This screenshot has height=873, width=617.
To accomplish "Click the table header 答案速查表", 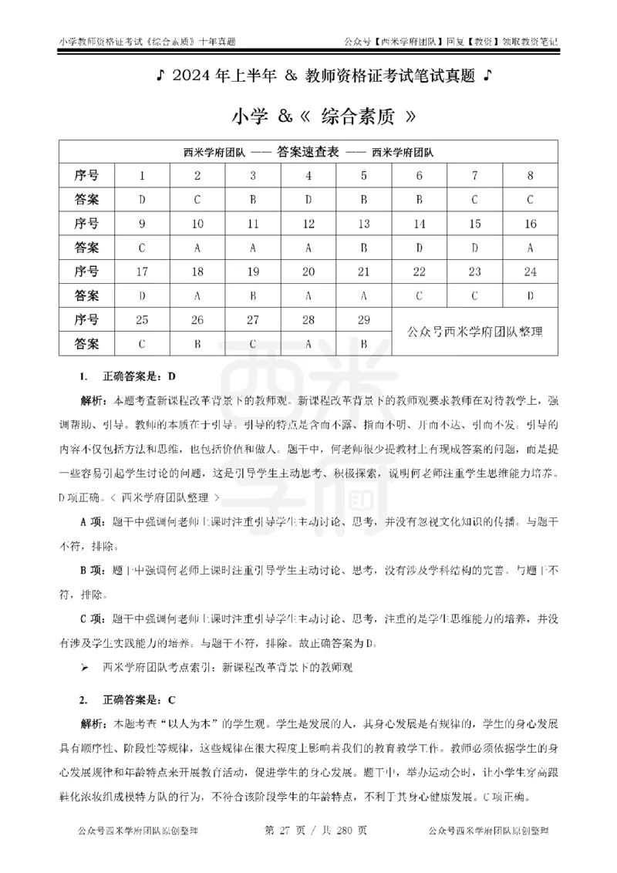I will click(307, 153).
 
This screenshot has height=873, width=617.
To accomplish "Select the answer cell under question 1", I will click(142, 201).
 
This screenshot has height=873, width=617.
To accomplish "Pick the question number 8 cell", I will click(531, 175).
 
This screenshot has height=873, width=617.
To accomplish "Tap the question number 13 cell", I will click(364, 224).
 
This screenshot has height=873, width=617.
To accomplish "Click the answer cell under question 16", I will click(531, 248).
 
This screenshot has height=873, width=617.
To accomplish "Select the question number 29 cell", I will click(364, 319).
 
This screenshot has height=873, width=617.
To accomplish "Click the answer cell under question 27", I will click(253, 343).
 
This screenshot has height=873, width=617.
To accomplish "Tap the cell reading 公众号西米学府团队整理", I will click(475, 332).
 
